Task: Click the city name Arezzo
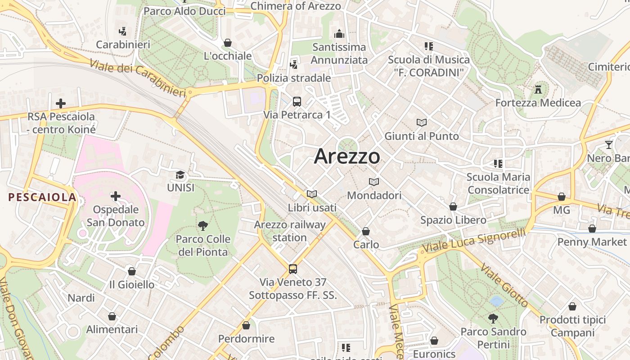[347, 157]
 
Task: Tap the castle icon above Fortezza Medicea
[538, 89]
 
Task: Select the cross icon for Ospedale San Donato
[116, 196]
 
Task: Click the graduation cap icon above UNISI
[180, 175]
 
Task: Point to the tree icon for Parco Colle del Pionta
[203, 225]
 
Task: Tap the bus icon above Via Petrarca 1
[297, 101]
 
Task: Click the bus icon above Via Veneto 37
[293, 269]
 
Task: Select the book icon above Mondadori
[374, 182]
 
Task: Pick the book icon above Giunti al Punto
[422, 122]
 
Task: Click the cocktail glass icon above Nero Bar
[609, 145]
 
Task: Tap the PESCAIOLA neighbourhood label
[42, 197]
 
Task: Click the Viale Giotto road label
[504, 284]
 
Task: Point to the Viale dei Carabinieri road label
[138, 77]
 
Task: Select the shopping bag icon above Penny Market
[592, 229]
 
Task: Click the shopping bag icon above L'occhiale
[228, 43]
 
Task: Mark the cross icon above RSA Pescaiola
[61, 103]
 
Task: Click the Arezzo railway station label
[290, 231]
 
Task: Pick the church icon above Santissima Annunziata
[339, 34]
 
